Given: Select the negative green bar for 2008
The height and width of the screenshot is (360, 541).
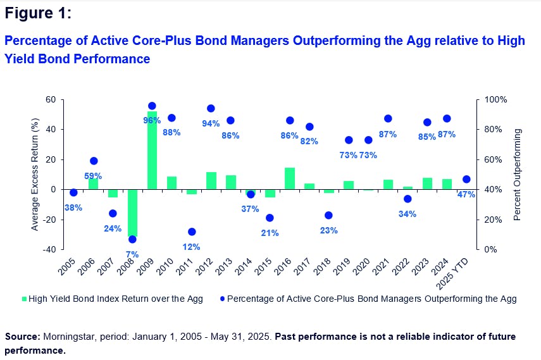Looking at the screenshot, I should pyautogui.click(x=132, y=213).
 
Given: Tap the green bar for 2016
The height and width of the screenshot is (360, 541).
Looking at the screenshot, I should pyautogui.click(x=290, y=178).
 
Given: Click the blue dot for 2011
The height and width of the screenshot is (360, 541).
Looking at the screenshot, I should pyautogui.click(x=192, y=232).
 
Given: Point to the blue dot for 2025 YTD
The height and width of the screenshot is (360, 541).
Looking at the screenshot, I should pyautogui.click(x=467, y=179).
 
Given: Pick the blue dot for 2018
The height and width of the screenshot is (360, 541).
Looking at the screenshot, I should pyautogui.click(x=328, y=215).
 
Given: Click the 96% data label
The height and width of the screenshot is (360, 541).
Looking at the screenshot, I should pyautogui.click(x=152, y=120).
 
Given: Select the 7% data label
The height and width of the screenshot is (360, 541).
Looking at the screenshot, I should pyautogui.click(x=132, y=254).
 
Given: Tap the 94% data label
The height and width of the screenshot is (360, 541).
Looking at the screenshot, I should pyautogui.click(x=211, y=123).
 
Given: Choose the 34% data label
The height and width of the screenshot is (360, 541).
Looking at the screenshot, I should pyautogui.click(x=407, y=214).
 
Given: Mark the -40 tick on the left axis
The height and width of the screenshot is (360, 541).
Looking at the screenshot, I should pyautogui.click(x=48, y=249).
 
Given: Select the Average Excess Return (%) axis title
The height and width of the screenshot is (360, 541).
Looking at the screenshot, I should pyautogui.click(x=36, y=175).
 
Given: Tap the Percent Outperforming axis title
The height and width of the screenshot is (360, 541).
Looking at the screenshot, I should pyautogui.click(x=518, y=175).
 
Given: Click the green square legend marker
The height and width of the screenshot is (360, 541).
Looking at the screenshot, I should pyautogui.click(x=26, y=299).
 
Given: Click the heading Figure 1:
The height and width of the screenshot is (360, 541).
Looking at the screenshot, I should pyautogui.click(x=38, y=13).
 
